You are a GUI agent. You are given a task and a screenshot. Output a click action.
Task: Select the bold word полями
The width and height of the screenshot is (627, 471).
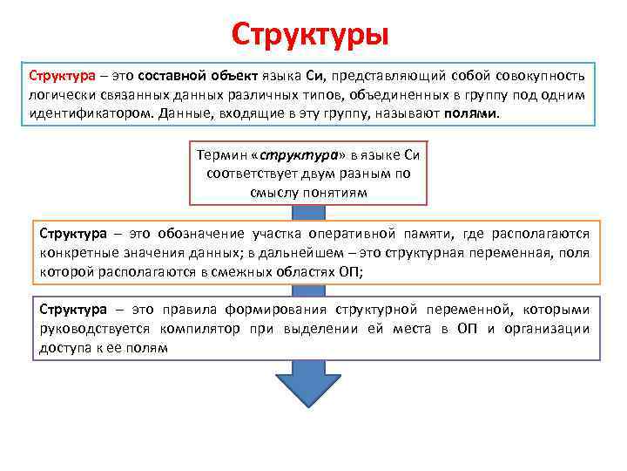click(472, 114)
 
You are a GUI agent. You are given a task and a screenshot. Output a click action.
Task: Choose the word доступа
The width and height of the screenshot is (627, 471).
click(62, 347)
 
